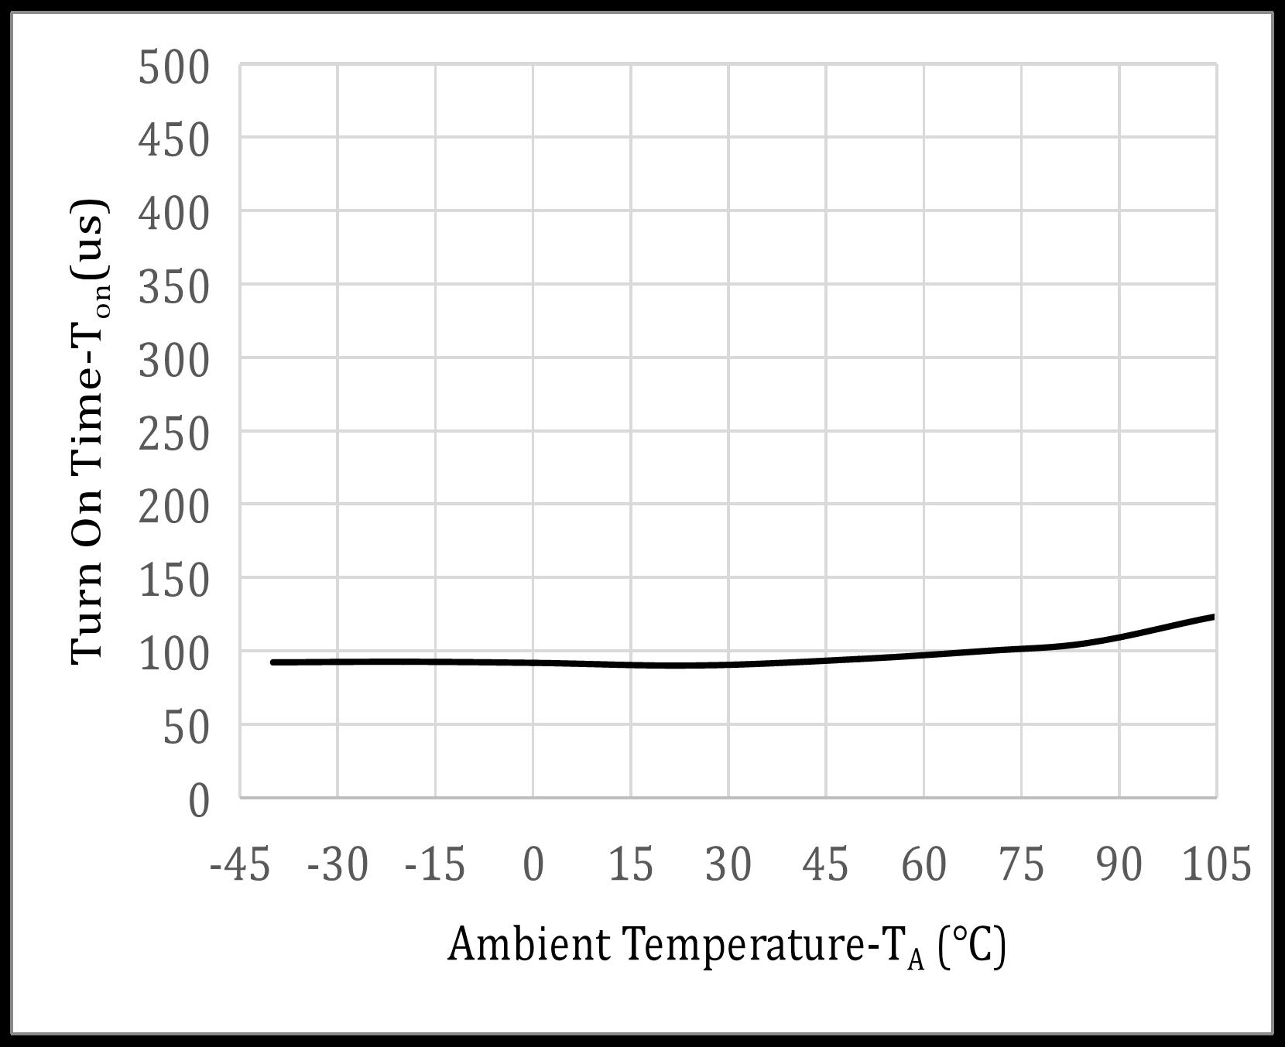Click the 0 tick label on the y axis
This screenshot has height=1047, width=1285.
pos(198,801)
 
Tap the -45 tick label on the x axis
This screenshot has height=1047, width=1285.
pos(240,864)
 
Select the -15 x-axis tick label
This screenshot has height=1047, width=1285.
pos(435,864)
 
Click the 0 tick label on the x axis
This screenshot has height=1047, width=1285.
pos(533,864)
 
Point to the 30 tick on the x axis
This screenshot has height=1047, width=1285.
pos(728,864)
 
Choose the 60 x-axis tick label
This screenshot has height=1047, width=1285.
pos(923,864)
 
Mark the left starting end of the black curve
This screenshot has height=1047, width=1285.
pos(272,662)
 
